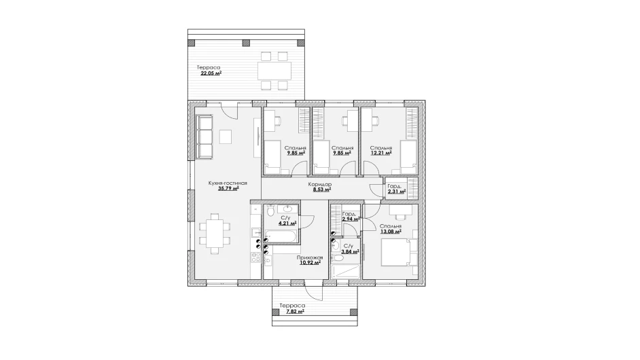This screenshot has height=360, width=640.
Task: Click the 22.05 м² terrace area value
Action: (x=211, y=73)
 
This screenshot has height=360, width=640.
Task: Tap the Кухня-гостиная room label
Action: (x=228, y=183)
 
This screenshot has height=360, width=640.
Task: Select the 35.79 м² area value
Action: (x=228, y=189)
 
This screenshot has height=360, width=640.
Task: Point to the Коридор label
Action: (x=320, y=184)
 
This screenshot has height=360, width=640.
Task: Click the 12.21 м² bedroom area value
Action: (x=381, y=153)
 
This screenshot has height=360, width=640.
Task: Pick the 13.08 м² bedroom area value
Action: (x=391, y=232)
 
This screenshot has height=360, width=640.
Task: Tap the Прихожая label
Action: (x=310, y=257)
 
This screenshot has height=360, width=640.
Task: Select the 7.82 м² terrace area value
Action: (x=295, y=311)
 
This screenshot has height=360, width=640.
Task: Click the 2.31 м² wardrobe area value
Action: (x=397, y=191)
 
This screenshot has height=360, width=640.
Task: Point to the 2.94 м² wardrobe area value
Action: (x=351, y=219)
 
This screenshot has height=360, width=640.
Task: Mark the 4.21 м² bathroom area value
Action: (x=287, y=223)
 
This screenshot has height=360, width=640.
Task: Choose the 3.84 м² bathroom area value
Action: (x=350, y=251)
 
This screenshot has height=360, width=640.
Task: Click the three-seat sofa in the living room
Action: (x=205, y=137)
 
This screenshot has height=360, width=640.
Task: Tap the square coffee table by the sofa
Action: (x=226, y=137)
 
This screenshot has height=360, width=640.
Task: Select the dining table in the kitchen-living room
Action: (x=214, y=233)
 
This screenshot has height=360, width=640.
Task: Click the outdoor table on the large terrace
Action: (x=274, y=71)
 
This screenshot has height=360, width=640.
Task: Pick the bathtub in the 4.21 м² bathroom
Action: (x=281, y=236)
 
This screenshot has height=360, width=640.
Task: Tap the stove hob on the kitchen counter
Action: (x=256, y=257)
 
